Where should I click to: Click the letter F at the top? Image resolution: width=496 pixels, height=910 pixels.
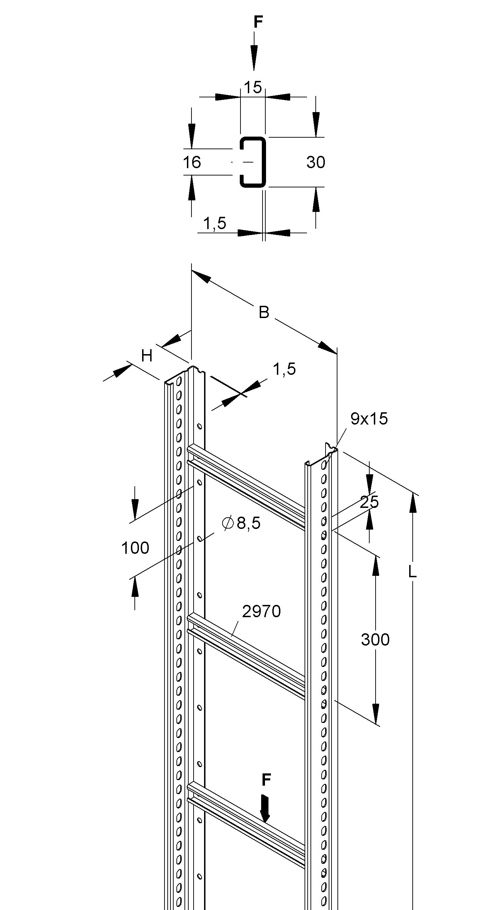tap(258, 22)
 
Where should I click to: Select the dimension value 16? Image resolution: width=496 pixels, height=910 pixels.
tap(192, 163)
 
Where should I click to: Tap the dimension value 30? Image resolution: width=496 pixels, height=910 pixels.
tap(316, 163)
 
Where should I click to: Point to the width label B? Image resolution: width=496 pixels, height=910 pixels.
tap(264, 312)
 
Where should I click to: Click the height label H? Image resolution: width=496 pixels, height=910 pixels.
tap(147, 356)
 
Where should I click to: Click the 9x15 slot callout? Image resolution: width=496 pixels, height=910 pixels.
tap(369, 419)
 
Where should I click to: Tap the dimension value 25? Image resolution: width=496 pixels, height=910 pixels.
tap(369, 502)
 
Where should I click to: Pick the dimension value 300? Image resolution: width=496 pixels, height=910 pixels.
tap(375, 639)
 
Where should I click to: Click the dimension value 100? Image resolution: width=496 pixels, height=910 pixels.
tap(135, 548)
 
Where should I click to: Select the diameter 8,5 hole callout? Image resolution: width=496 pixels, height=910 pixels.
tap(242, 523)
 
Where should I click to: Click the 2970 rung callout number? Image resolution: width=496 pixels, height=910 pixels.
tap(261, 611)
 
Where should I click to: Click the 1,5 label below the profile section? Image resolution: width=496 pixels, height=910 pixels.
tap(215, 223)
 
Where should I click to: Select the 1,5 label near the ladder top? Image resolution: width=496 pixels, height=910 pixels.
tap(284, 369)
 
